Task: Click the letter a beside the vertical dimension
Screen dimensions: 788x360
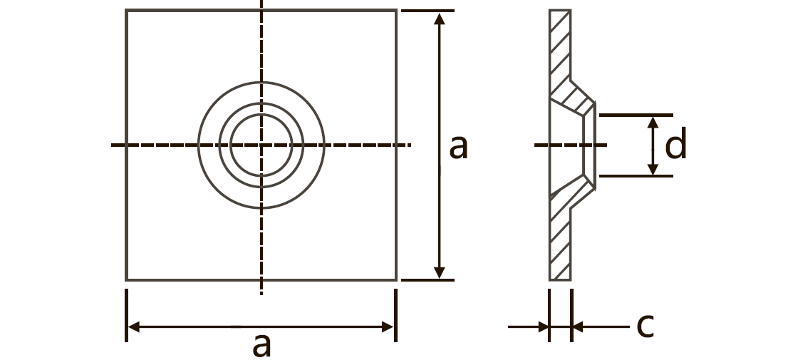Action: point(458,147)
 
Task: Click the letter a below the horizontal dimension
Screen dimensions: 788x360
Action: point(261,346)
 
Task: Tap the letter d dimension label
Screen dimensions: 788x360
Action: point(675,143)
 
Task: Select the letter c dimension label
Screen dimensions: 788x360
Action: point(645,325)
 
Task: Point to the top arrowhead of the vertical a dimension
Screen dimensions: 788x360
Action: point(439,19)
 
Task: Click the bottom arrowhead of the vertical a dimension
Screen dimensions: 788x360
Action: point(439,272)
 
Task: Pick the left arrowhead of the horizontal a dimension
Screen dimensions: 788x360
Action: point(134,326)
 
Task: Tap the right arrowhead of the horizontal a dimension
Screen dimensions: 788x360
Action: point(388,326)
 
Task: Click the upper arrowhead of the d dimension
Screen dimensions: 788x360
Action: point(653,122)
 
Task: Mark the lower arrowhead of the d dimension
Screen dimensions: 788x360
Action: point(653,170)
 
